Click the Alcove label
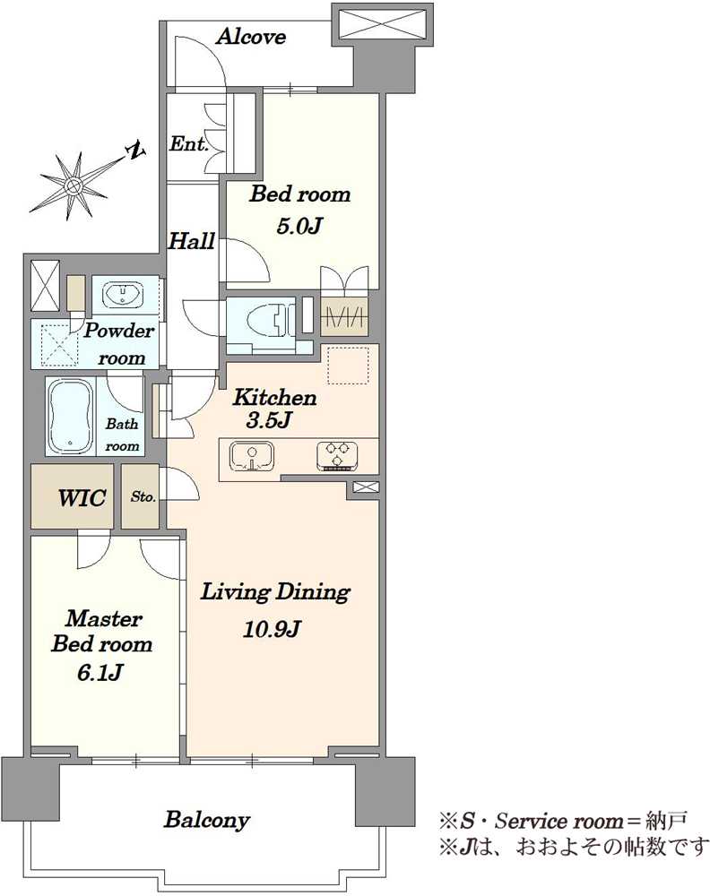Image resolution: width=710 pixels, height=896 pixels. (251, 37)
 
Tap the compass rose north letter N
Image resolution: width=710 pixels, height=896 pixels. (137, 151)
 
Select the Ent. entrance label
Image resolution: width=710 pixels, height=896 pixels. (188, 143)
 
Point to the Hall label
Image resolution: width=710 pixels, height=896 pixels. (192, 240)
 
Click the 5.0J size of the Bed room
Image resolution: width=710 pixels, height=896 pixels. (299, 227)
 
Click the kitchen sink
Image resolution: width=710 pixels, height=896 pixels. (252, 457)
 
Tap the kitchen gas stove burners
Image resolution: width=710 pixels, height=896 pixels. (337, 456)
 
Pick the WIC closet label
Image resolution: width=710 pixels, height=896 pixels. (82, 497)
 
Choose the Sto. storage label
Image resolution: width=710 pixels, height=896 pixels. (143, 496)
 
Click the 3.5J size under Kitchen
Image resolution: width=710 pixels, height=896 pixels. (269, 420)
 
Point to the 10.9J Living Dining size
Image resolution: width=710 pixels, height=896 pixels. (272, 629)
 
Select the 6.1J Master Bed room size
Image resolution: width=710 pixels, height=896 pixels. (100, 673)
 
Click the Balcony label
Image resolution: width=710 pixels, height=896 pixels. (207, 821)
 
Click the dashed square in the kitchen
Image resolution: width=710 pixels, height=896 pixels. (348, 366)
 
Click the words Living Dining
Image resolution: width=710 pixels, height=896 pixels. (275, 592)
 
